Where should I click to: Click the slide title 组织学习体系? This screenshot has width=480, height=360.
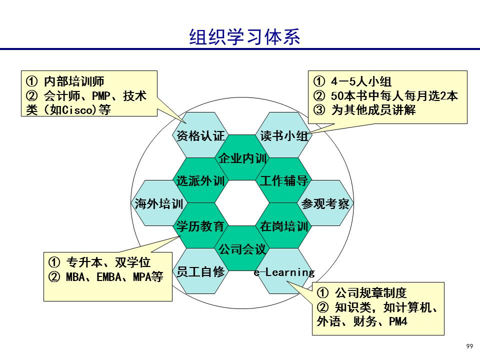tap(245, 36)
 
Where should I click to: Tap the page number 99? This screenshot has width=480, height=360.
tap(469, 346)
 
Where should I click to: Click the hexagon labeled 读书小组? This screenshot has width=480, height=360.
tap(284, 135)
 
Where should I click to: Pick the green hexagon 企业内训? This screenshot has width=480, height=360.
tap(242, 158)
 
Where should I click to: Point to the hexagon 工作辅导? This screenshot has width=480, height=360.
tap(283, 181)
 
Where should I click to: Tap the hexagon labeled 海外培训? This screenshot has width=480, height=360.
tap(158, 203)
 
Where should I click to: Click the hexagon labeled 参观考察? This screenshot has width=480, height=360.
tap(325, 203)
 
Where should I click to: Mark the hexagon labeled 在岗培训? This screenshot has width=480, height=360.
tap(283, 226)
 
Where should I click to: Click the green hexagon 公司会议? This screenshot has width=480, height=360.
tap(242, 248)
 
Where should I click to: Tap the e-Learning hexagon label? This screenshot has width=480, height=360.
tap(284, 272)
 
